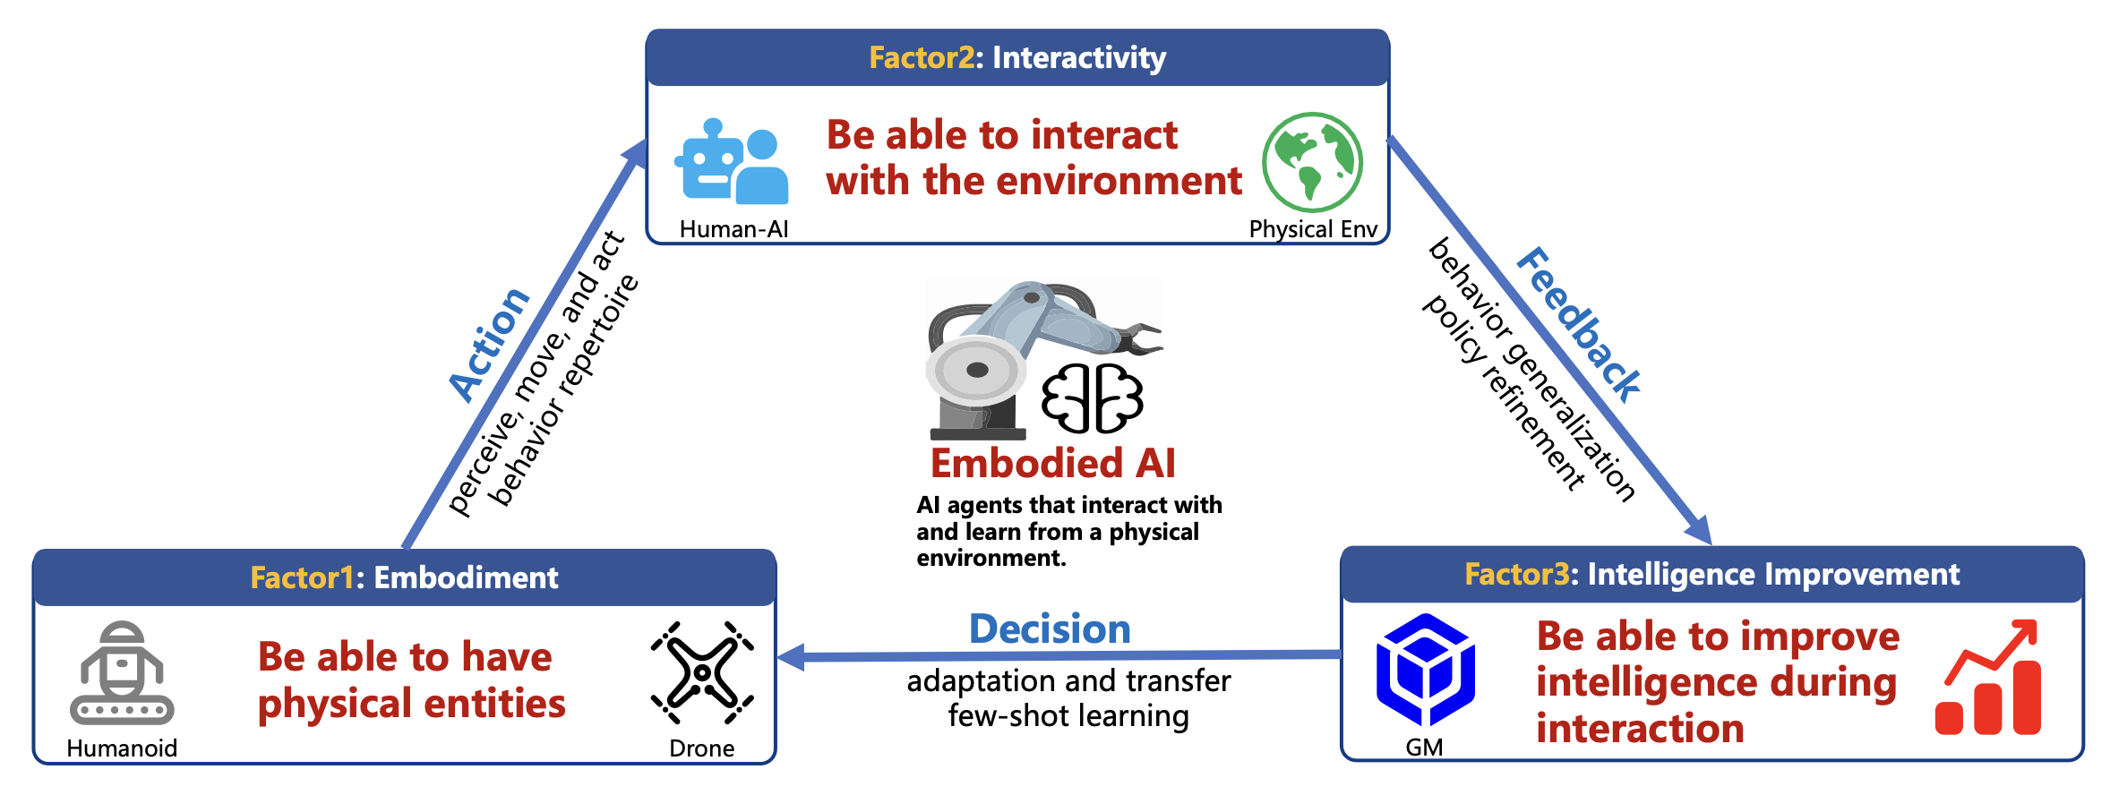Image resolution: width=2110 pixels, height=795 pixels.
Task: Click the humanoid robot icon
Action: (122, 673)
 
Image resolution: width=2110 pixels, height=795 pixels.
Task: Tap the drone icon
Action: (702, 673)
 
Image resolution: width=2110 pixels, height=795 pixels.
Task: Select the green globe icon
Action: (1312, 162)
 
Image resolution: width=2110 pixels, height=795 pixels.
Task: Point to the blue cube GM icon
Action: (1425, 669)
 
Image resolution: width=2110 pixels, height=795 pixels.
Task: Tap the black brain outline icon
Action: (1092, 397)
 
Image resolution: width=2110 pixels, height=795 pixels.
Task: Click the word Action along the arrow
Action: (489, 345)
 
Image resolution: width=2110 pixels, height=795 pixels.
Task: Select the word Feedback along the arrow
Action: (1579, 324)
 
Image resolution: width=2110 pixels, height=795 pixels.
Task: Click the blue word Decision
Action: (1050, 629)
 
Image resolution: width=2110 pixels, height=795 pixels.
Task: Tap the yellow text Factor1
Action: (302, 577)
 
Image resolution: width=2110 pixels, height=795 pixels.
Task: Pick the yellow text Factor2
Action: (922, 58)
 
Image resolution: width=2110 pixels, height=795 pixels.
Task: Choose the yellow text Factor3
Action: (1516, 574)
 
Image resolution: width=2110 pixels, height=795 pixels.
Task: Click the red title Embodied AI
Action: (1053, 464)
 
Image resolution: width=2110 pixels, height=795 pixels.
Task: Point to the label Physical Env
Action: (1313, 229)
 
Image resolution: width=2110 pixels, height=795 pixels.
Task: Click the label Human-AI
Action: (733, 229)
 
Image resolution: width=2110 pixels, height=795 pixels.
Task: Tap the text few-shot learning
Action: (1068, 716)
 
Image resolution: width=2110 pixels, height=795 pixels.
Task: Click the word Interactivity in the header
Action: (1079, 58)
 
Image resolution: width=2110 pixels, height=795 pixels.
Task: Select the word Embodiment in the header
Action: (466, 577)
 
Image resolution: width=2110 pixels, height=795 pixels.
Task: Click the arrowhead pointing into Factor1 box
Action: (792, 658)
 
